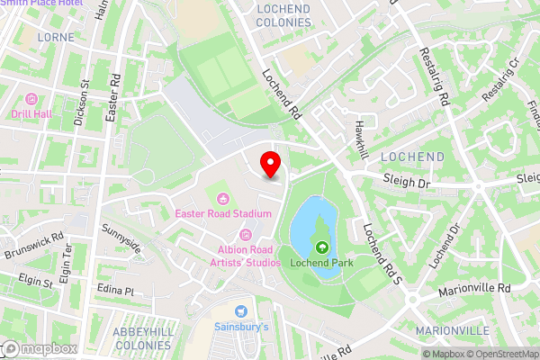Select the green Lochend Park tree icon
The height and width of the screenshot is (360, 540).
click(x=321, y=247)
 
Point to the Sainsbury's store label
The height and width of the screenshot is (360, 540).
click(x=241, y=327)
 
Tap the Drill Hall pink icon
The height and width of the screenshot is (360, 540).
click(x=32, y=98)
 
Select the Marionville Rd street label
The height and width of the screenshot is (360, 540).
click(x=474, y=289)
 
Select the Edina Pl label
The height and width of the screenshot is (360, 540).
click(x=115, y=292)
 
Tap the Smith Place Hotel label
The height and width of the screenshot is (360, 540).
click(x=41, y=3)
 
